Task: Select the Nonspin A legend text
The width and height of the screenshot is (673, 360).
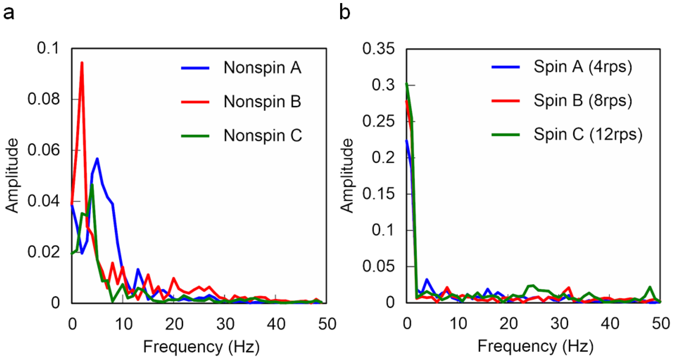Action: [262, 68]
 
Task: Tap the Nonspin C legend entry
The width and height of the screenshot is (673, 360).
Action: [262, 136]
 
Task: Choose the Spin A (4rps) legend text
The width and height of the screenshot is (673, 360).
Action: [583, 67]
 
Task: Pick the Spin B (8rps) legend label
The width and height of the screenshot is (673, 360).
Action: [583, 101]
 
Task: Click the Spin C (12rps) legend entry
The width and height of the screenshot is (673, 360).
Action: [588, 135]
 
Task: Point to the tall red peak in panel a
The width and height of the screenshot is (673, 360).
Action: [82, 63]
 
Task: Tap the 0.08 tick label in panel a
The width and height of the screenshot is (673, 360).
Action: [44, 99]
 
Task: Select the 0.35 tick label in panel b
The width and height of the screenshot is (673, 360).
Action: [378, 49]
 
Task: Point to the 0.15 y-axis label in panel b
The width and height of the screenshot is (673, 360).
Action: [378, 194]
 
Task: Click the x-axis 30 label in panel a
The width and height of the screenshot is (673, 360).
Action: [225, 324]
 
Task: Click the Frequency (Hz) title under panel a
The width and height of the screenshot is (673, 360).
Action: [201, 347]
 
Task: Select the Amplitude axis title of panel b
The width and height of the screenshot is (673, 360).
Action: [347, 176]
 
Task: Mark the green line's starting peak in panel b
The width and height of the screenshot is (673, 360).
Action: [406, 84]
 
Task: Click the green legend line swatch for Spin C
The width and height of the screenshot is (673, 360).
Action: [505, 135]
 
